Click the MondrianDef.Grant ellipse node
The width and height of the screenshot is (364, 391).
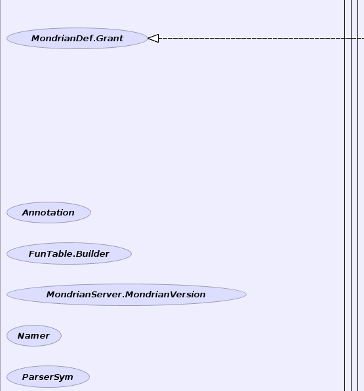click(x=77, y=39)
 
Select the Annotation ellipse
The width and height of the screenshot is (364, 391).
click(x=49, y=212)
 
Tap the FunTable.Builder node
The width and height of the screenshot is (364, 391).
click(x=69, y=253)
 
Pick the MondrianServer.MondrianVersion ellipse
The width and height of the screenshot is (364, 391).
click(x=127, y=295)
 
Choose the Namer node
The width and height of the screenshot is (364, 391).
click(x=34, y=335)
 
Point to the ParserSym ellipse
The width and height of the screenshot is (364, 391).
click(x=48, y=377)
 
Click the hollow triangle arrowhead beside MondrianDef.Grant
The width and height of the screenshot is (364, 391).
click(x=153, y=39)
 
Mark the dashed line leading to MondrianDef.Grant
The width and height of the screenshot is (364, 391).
click(x=262, y=39)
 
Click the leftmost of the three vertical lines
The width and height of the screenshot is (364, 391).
click(x=345, y=195)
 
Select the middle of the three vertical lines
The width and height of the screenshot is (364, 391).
click(x=352, y=195)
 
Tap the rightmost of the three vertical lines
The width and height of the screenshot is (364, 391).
click(x=357, y=195)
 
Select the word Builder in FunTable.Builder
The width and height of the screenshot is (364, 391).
click(x=92, y=254)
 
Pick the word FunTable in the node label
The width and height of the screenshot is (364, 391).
click(x=51, y=254)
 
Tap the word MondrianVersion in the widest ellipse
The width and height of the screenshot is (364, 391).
click(x=165, y=295)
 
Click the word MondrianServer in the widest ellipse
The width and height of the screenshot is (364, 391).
click(x=84, y=295)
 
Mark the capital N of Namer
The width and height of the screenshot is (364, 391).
click(x=21, y=335)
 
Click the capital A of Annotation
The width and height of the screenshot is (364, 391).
click(x=26, y=212)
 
